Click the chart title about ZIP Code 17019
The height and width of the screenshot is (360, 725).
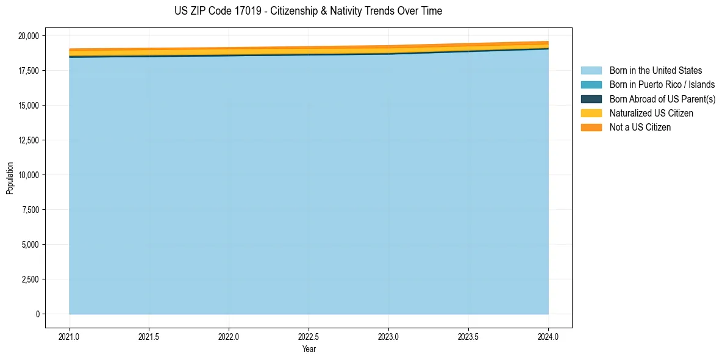click(x=308, y=11)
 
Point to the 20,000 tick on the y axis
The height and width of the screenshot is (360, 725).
click(x=27, y=36)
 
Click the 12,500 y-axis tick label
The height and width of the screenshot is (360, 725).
click(x=27, y=140)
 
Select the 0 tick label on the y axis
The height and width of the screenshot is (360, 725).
click(x=37, y=314)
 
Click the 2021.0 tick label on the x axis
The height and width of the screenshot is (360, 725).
click(x=70, y=336)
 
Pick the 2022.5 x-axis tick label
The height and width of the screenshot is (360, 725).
click(x=309, y=336)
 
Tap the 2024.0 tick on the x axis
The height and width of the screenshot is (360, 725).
click(x=548, y=336)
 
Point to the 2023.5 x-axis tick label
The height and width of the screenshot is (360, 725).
click(x=468, y=336)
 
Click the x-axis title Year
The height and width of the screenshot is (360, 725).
click(x=309, y=350)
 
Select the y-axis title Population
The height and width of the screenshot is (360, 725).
click(x=10, y=178)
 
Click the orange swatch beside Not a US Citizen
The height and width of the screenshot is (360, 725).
click(x=591, y=128)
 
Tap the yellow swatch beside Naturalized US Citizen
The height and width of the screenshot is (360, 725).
click(x=591, y=113)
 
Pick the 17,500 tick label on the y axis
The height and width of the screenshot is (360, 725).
click(x=27, y=71)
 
